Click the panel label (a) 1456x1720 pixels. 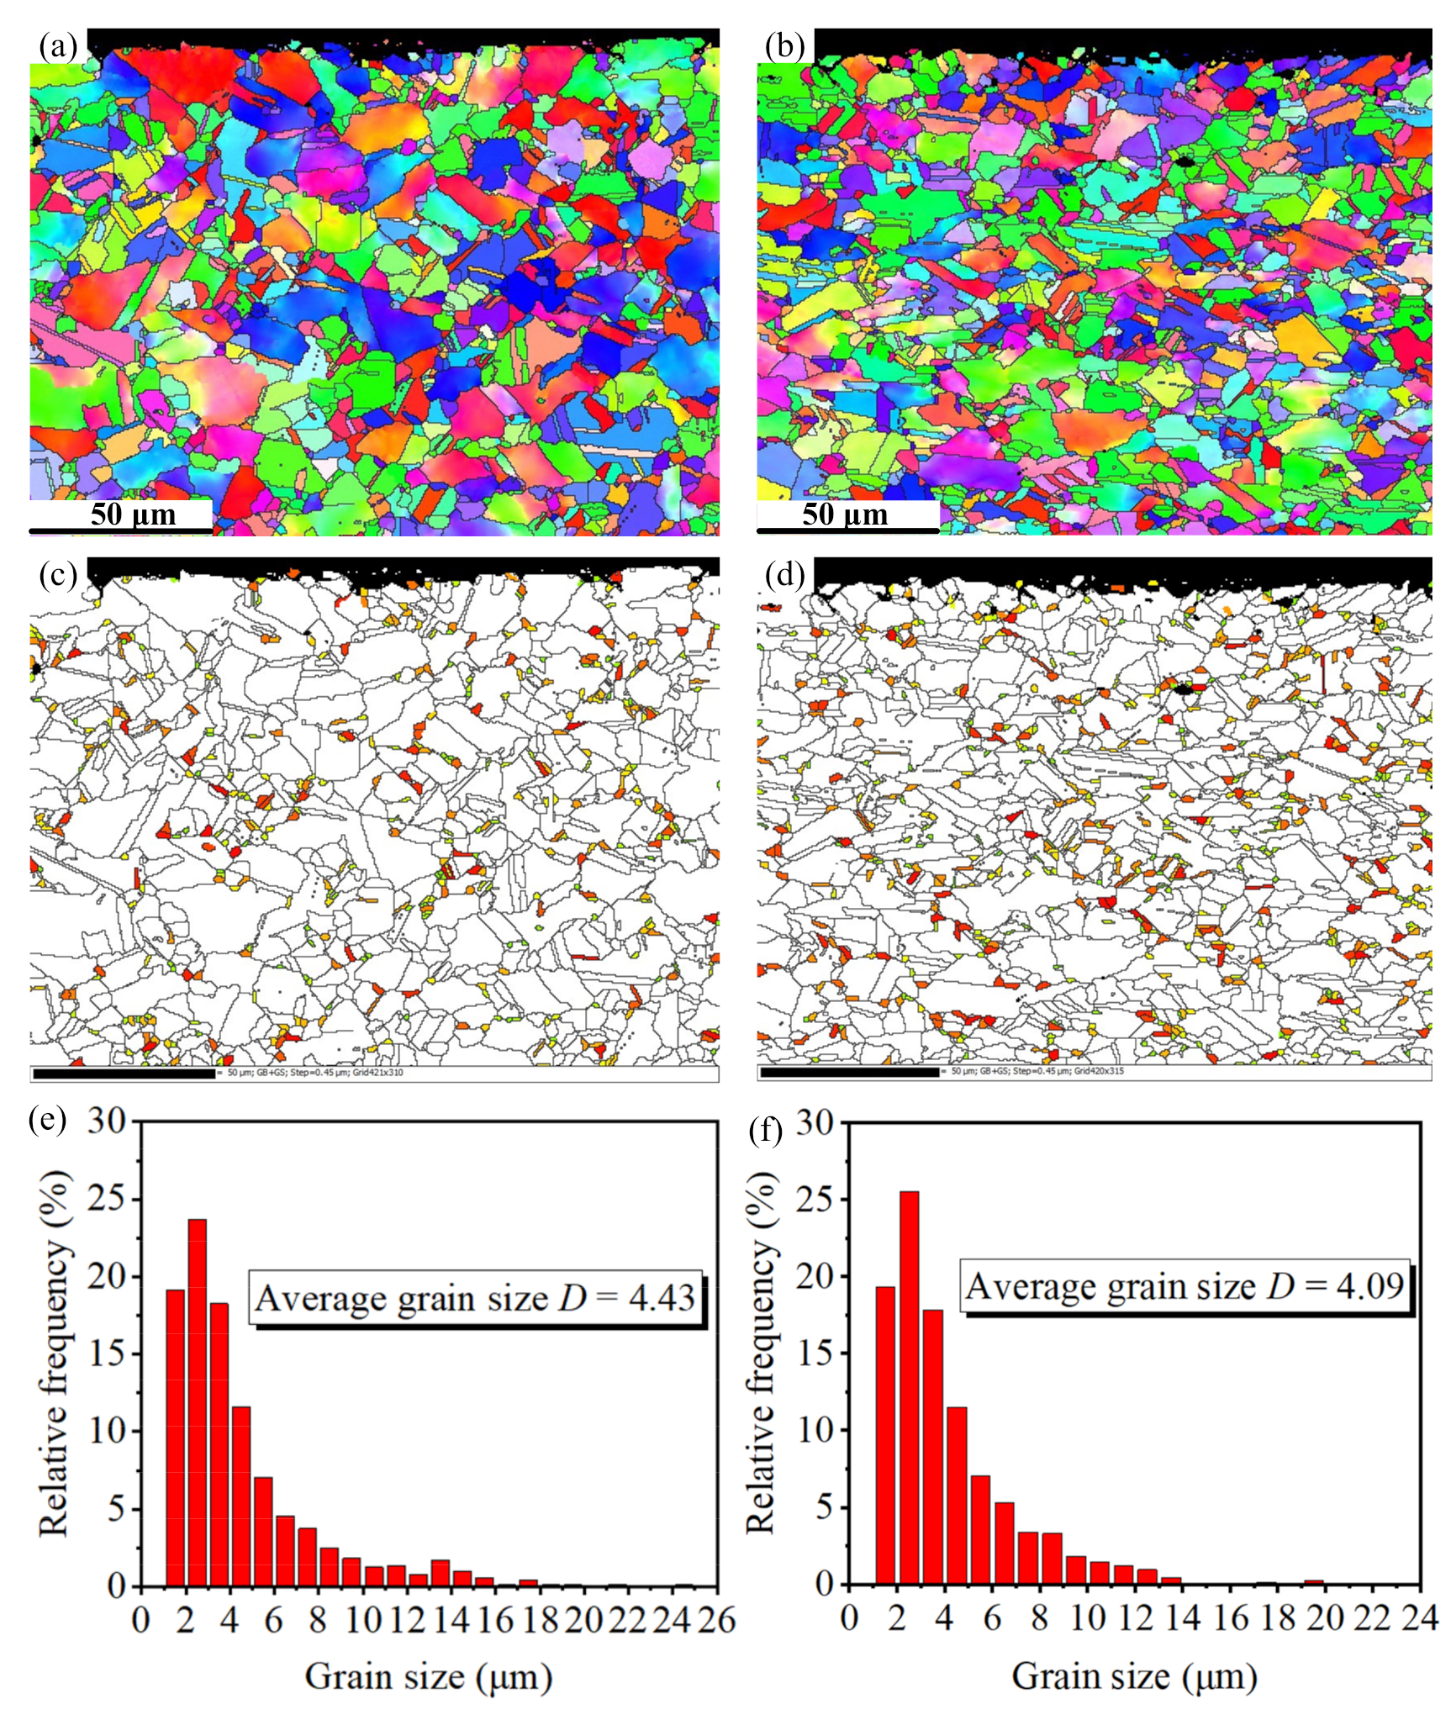tap(57, 47)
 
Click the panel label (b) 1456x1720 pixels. tap(784, 47)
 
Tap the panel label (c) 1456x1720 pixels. tap(57, 576)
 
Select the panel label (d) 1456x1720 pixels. tap(784, 576)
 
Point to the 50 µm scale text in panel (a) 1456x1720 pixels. tap(133, 514)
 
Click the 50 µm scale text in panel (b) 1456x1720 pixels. tap(844, 514)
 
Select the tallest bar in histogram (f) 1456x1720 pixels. tap(909, 1387)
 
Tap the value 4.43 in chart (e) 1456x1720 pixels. tap(662, 1299)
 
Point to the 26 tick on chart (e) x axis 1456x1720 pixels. tap(716, 1619)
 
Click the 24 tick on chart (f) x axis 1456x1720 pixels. tap(1419, 1617)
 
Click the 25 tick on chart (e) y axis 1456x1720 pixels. tap(107, 1198)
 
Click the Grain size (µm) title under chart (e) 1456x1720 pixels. tap(428, 1676)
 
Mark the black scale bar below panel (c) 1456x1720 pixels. tap(124, 1074)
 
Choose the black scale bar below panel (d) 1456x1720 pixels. tap(850, 1072)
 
